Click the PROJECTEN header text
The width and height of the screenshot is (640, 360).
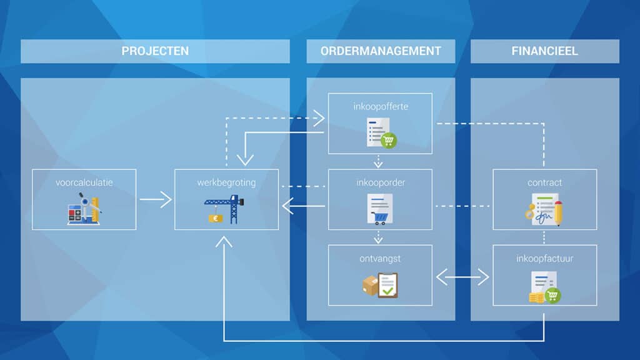(x=155, y=51)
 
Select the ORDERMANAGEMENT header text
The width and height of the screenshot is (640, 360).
(x=381, y=51)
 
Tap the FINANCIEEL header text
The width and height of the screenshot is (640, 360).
(x=545, y=51)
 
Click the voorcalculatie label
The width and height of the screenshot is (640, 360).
(x=84, y=182)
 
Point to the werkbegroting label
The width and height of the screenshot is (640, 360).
(x=226, y=182)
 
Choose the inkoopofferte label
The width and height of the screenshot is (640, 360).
(x=381, y=106)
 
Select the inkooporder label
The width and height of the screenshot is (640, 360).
(x=381, y=182)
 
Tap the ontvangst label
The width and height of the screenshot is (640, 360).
(x=380, y=259)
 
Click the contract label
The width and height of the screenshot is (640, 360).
(x=545, y=182)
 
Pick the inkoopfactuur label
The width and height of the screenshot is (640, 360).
(x=545, y=258)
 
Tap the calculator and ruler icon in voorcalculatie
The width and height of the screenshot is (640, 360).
(x=84, y=209)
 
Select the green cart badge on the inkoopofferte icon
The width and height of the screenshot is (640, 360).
(x=389, y=141)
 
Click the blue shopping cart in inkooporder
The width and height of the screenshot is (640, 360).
(x=379, y=218)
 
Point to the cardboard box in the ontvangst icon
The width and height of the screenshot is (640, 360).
(x=370, y=285)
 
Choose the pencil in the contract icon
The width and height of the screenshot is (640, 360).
(x=559, y=212)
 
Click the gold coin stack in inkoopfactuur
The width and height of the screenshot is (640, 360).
(x=536, y=297)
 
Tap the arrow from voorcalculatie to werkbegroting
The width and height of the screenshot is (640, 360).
(x=156, y=199)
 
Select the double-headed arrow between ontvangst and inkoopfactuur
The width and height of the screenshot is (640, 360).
(x=462, y=277)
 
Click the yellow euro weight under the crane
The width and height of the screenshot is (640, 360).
(x=216, y=219)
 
